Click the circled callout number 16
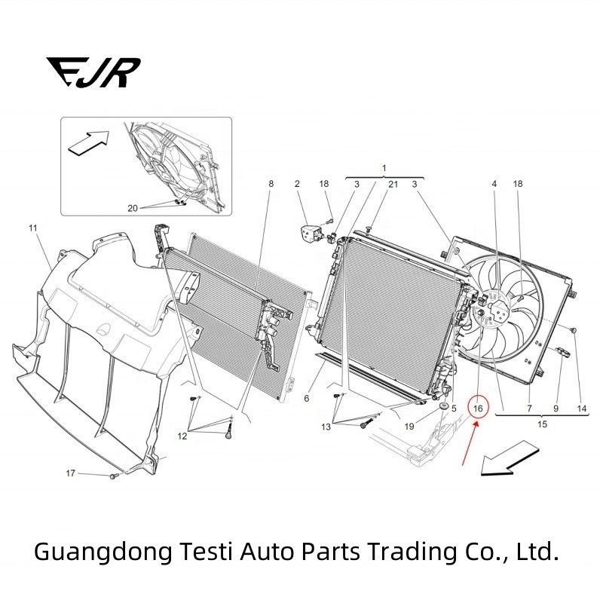478,408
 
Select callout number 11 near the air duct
33,227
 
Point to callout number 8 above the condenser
271,184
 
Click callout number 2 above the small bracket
297,184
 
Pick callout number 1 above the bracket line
384,167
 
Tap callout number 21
393,184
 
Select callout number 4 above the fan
494,184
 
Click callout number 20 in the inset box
133,209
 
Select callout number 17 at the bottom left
70,473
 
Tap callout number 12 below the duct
182,436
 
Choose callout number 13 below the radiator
326,427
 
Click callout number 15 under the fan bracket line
542,424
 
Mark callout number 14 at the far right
582,408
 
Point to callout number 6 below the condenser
307,398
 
